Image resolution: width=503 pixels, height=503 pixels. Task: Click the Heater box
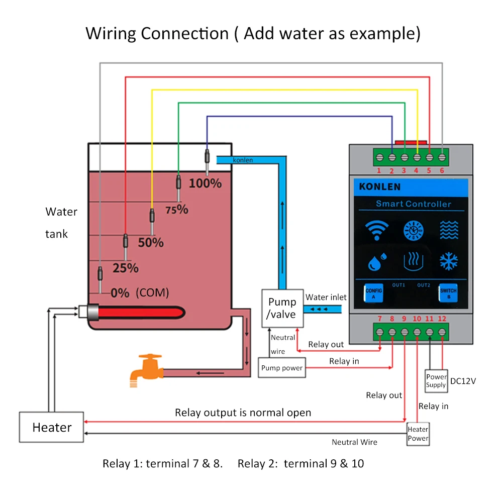point(51,427)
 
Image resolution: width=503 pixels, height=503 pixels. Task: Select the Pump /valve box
point(282,308)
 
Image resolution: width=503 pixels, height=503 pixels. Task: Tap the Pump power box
point(282,368)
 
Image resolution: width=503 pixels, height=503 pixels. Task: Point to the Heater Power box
point(418,434)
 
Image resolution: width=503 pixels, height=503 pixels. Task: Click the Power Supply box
point(436,381)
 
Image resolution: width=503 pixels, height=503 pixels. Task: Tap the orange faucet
point(147,370)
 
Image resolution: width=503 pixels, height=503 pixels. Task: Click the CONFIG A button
point(373,293)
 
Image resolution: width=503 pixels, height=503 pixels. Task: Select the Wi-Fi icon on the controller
point(377,230)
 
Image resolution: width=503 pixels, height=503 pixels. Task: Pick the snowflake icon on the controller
point(448,261)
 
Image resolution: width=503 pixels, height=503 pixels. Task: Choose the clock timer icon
point(413,230)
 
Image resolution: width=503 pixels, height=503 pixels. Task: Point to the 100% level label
point(205,183)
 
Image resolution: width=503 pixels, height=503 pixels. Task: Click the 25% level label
point(126,268)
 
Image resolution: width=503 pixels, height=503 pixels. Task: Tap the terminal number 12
point(442,319)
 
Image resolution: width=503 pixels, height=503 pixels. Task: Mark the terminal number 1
point(379,171)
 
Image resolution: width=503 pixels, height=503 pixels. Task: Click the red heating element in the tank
point(141,313)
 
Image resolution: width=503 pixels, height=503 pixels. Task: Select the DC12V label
point(463,381)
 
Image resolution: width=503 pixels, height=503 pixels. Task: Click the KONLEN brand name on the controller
point(380,187)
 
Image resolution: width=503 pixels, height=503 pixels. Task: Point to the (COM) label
point(152,292)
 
